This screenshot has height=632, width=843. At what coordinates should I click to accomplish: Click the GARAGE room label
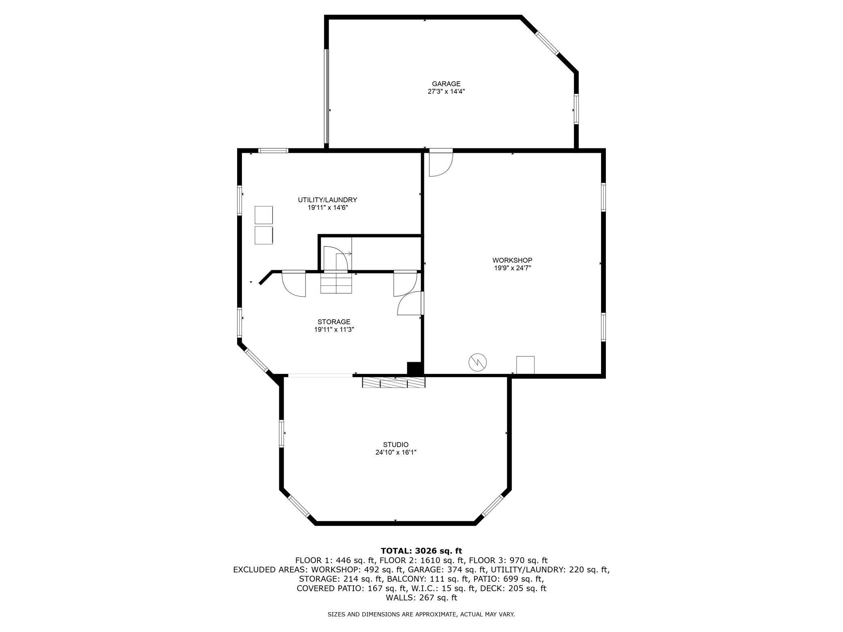tap(446, 84)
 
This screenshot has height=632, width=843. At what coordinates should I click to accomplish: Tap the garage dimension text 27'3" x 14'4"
tap(446, 92)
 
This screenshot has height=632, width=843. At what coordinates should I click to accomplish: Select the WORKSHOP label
tap(512, 260)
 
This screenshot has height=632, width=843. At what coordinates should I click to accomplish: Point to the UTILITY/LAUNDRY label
tap(327, 200)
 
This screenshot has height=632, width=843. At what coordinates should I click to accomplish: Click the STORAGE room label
tap(334, 322)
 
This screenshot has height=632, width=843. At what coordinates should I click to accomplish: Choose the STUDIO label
tap(396, 444)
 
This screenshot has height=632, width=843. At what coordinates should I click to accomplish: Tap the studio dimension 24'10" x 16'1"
tap(396, 453)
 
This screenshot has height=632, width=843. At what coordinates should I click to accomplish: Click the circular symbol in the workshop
tap(477, 362)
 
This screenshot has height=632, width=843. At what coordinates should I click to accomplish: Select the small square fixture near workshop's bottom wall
tap(525, 365)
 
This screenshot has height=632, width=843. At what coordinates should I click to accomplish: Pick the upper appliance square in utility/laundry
tap(263, 215)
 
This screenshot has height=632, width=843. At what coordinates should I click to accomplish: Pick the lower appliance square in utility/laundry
tap(263, 235)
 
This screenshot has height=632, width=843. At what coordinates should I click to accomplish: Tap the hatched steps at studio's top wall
tap(394, 382)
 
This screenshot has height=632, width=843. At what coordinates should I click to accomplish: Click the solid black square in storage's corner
tap(414, 368)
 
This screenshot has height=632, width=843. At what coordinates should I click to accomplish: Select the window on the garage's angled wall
tap(547, 43)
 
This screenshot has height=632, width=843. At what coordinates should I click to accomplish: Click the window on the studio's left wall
tap(281, 433)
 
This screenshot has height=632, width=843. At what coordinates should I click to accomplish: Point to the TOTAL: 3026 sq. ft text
tap(421, 551)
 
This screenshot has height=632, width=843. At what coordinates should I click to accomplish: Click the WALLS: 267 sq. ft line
tap(421, 598)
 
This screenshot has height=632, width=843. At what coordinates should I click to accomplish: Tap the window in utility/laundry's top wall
tap(273, 151)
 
